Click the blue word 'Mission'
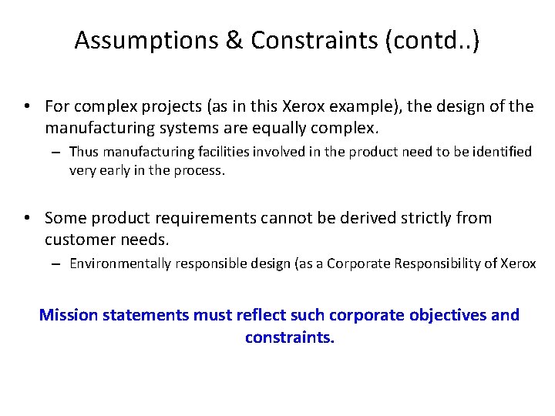click(70, 315)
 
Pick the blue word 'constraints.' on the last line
click(290, 337)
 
